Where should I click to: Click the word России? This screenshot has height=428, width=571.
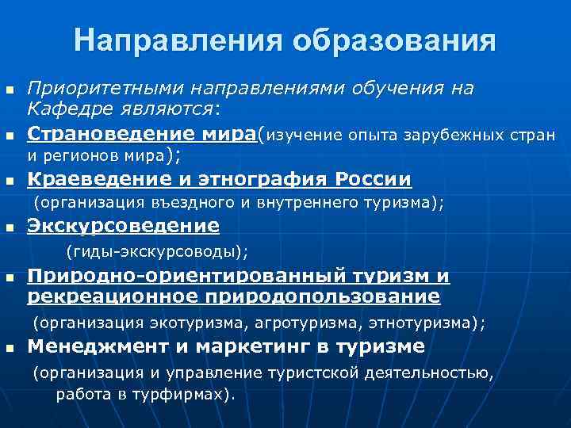374,180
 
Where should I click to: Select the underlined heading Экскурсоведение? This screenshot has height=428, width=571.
123,227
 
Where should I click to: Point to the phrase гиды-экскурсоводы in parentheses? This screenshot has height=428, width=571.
157,252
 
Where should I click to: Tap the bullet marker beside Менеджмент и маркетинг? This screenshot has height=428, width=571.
10,349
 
